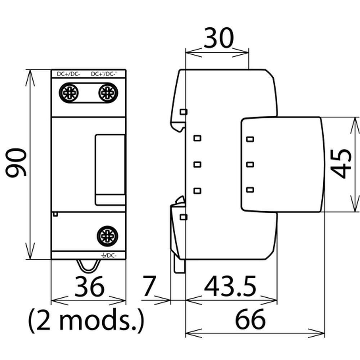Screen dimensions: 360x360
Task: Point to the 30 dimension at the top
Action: pos(219,39)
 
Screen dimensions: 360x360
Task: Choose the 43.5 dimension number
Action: pos(230,287)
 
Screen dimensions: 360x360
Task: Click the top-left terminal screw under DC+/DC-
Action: pos(68,93)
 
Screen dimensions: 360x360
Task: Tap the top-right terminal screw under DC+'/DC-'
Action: pos(108,93)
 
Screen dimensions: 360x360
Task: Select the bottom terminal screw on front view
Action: pos(108,236)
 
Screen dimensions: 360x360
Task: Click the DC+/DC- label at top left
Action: pos(68,74)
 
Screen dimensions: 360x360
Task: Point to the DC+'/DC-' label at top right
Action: pos(108,74)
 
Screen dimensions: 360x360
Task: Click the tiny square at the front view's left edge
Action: pos(55,214)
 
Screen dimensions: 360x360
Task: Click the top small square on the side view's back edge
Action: pos(183,112)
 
